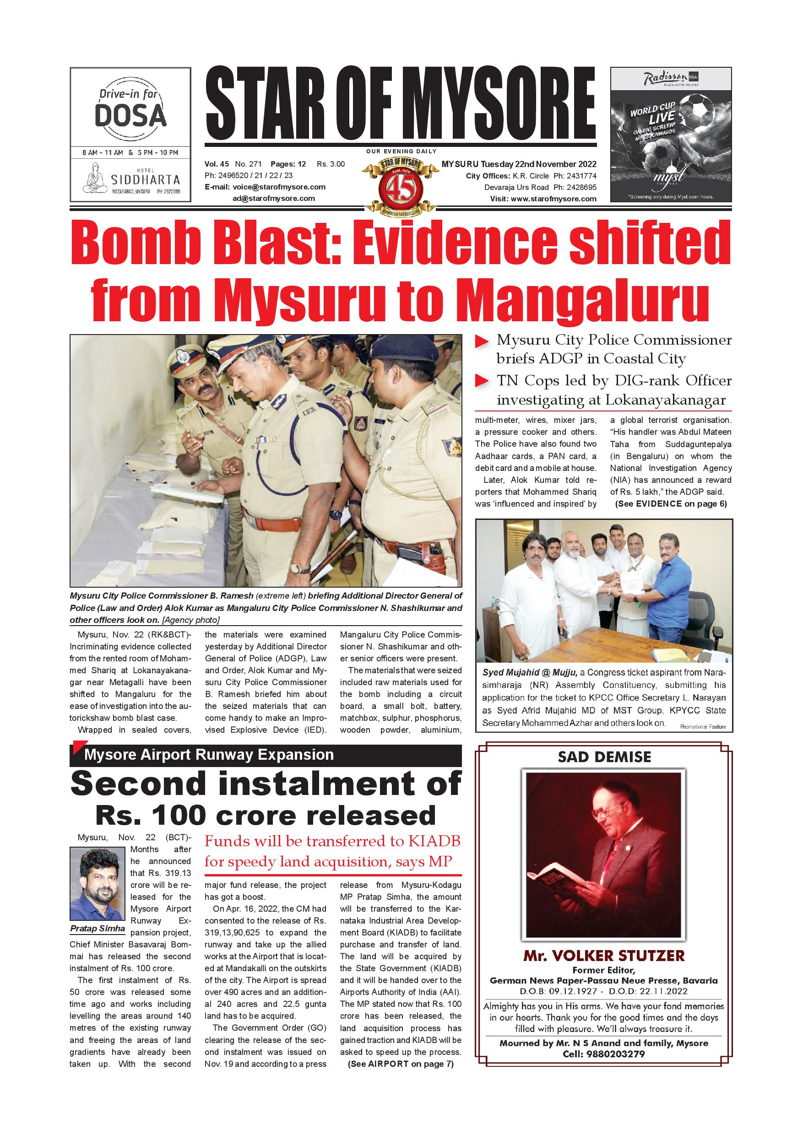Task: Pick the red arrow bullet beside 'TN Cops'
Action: pos(482,381)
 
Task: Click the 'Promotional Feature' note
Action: pos(703,727)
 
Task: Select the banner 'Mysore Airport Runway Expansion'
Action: pos(209,755)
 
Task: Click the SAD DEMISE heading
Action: pos(604,757)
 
